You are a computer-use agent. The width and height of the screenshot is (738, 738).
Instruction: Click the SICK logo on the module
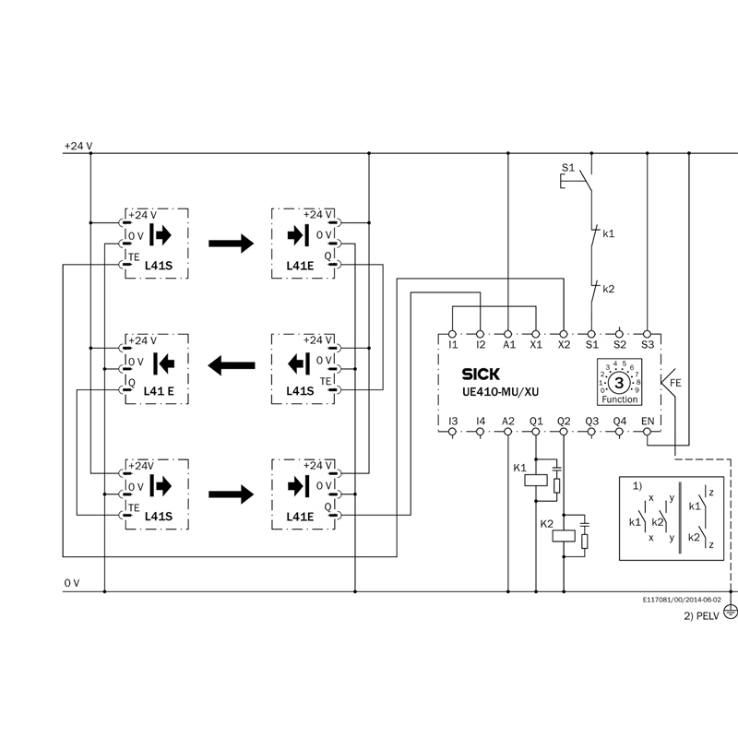point(481,375)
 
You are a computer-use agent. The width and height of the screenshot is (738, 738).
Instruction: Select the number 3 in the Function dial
point(619,383)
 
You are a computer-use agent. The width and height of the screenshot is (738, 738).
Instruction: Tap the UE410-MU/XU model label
point(500,391)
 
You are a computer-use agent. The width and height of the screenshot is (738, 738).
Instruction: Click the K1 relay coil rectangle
point(536,480)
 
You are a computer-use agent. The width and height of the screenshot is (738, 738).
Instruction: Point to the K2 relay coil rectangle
point(564,536)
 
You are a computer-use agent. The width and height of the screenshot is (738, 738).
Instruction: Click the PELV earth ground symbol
point(731,612)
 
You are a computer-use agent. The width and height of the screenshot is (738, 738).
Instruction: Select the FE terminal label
point(675,383)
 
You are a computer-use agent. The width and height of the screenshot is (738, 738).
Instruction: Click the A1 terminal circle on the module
point(508,334)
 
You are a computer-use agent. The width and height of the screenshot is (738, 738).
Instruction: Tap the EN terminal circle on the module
point(648,432)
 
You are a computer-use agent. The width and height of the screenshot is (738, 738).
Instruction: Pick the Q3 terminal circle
point(591,432)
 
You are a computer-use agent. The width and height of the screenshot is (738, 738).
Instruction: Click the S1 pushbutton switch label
point(568,168)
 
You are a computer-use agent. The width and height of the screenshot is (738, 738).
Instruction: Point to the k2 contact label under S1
point(609,289)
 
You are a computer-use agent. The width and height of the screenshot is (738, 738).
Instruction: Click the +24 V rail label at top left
point(78,146)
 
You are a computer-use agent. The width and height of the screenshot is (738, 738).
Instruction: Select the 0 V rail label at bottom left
point(72,583)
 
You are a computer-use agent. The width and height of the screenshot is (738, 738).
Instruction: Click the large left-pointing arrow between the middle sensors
point(232,365)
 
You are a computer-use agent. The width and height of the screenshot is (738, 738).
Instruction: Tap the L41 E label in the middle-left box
point(159,391)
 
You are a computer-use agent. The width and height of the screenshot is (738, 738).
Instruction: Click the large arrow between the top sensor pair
point(232,244)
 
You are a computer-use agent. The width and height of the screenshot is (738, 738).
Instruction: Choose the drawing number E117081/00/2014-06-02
point(682,600)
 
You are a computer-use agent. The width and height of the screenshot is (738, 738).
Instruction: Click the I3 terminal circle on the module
point(452,432)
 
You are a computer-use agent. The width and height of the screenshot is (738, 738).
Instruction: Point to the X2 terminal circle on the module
point(564,334)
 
